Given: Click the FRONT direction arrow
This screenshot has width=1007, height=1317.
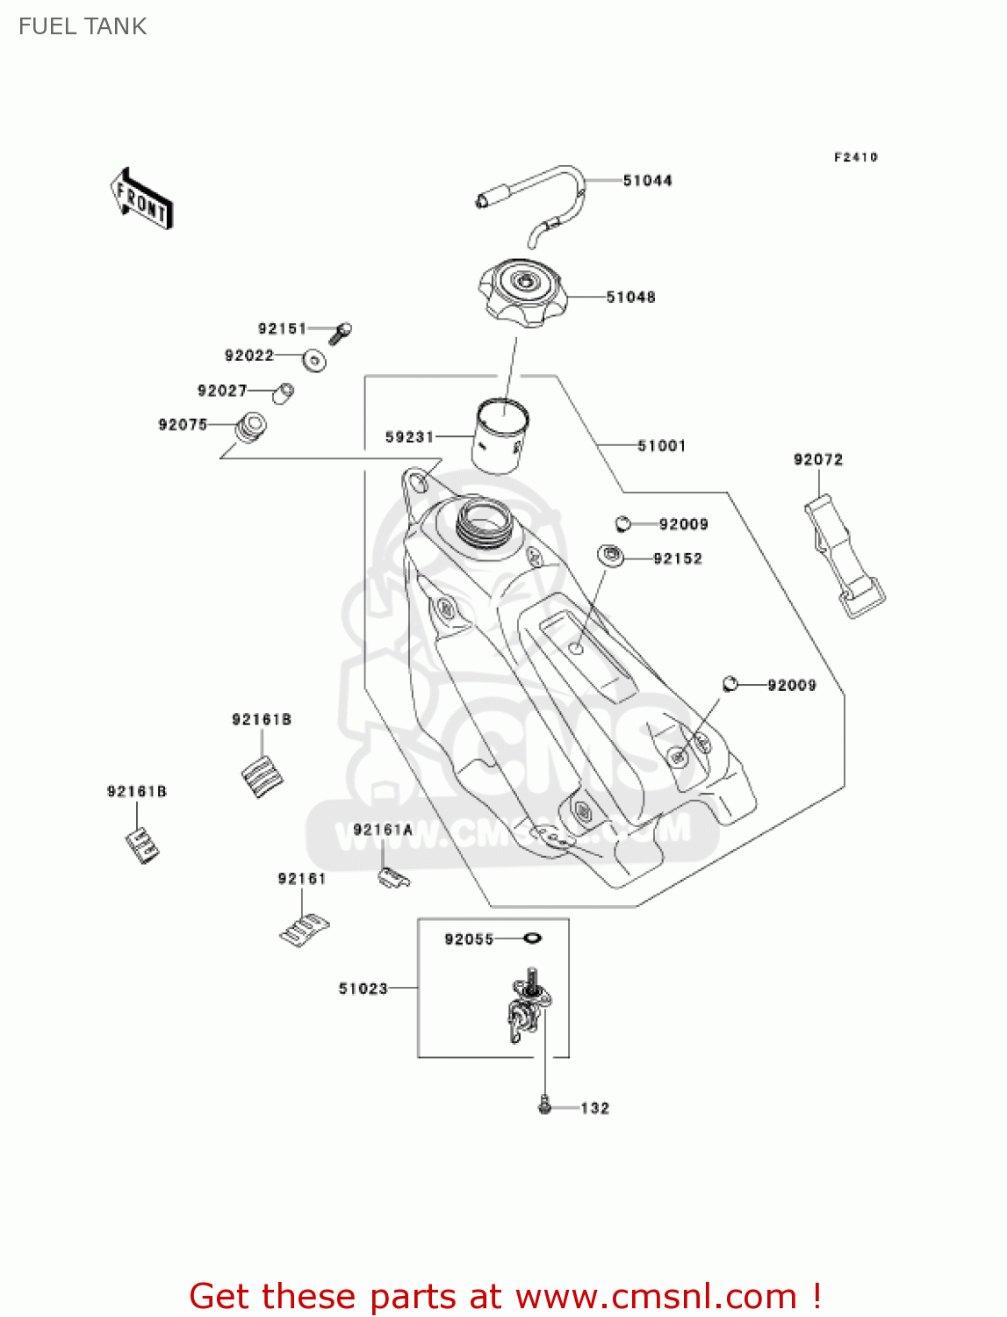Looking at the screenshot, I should [141, 199].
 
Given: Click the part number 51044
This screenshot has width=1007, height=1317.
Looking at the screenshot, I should [647, 181].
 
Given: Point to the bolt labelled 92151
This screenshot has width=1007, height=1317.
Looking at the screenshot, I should [340, 333].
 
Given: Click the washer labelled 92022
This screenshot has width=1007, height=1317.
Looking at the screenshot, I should [314, 360].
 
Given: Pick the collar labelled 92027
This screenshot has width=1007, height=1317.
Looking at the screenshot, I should [284, 392].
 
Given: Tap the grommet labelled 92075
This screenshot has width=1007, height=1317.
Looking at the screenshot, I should [250, 428].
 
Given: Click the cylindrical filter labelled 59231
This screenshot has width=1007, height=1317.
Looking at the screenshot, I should [500, 435].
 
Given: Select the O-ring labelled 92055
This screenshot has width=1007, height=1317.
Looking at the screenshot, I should [531, 939].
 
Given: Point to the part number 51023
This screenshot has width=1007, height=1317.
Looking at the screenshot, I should [363, 989].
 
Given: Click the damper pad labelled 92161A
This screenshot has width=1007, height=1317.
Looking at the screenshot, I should [392, 877].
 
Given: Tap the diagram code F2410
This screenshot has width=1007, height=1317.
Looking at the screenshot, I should [855, 157].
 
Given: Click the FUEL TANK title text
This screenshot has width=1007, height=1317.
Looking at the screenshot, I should [83, 26].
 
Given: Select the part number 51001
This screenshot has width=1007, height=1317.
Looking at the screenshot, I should [661, 446].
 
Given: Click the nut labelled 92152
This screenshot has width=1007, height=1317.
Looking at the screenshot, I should [610, 556].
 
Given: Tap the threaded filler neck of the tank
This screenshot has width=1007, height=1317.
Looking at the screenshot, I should [481, 522].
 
